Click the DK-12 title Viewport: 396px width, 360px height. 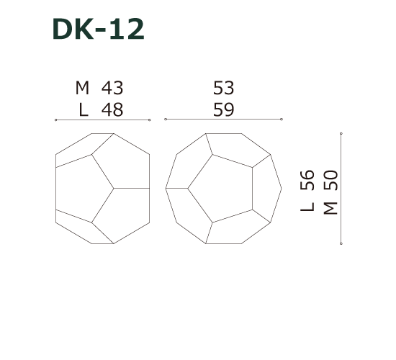(x=99, y=29)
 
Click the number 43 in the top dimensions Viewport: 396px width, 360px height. (x=112, y=88)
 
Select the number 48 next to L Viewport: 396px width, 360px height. (x=112, y=109)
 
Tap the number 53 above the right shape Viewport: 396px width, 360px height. (x=224, y=88)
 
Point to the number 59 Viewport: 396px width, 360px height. (x=224, y=109)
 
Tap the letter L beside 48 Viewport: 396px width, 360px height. (x=84, y=109)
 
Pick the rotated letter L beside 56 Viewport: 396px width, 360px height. (x=308, y=206)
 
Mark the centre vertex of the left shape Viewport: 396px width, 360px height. (x=113, y=188)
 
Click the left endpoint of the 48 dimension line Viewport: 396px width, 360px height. (x=55, y=120)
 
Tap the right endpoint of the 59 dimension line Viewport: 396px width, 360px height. (x=282, y=120)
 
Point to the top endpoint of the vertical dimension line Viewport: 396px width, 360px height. (x=341, y=133)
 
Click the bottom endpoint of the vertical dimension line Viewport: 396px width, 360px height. (x=341, y=243)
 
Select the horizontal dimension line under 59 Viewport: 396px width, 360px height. (x=223, y=120)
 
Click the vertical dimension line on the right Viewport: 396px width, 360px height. (x=341, y=188)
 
